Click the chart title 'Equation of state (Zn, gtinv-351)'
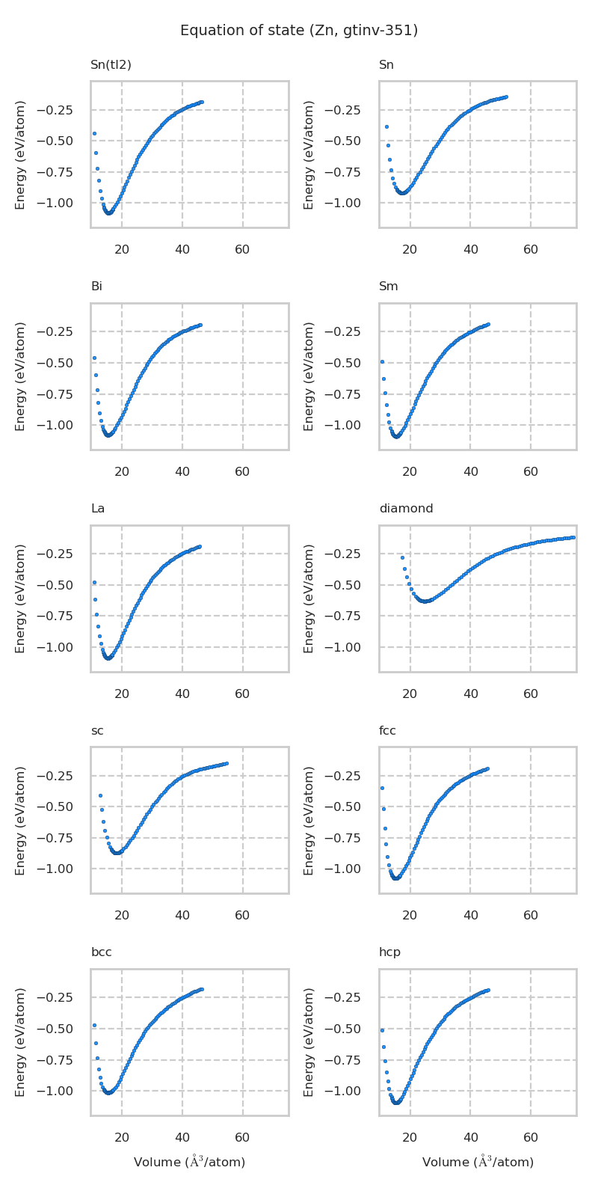pyautogui.click(x=299, y=31)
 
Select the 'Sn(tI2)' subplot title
pyautogui.click(x=111, y=65)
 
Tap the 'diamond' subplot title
pyautogui.click(x=406, y=509)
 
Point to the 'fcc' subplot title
pyautogui.click(x=387, y=731)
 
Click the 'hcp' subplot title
pyautogui.click(x=389, y=952)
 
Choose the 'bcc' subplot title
pyautogui.click(x=101, y=952)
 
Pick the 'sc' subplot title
pyautogui.click(x=97, y=731)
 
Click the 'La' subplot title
pyautogui.click(x=98, y=509)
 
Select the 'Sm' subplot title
pyautogui.click(x=388, y=287)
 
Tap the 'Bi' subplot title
pyautogui.click(x=96, y=287)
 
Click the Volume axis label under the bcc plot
pyautogui.click(x=189, y=1162)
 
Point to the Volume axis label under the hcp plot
pyautogui.click(x=478, y=1162)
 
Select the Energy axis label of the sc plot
pyautogui.click(x=20, y=820)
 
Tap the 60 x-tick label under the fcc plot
pyautogui.click(x=531, y=916)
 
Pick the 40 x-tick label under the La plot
pyautogui.click(x=182, y=694)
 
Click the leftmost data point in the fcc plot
pyautogui.click(x=382, y=788)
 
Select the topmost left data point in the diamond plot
pyautogui.click(x=402, y=557)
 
